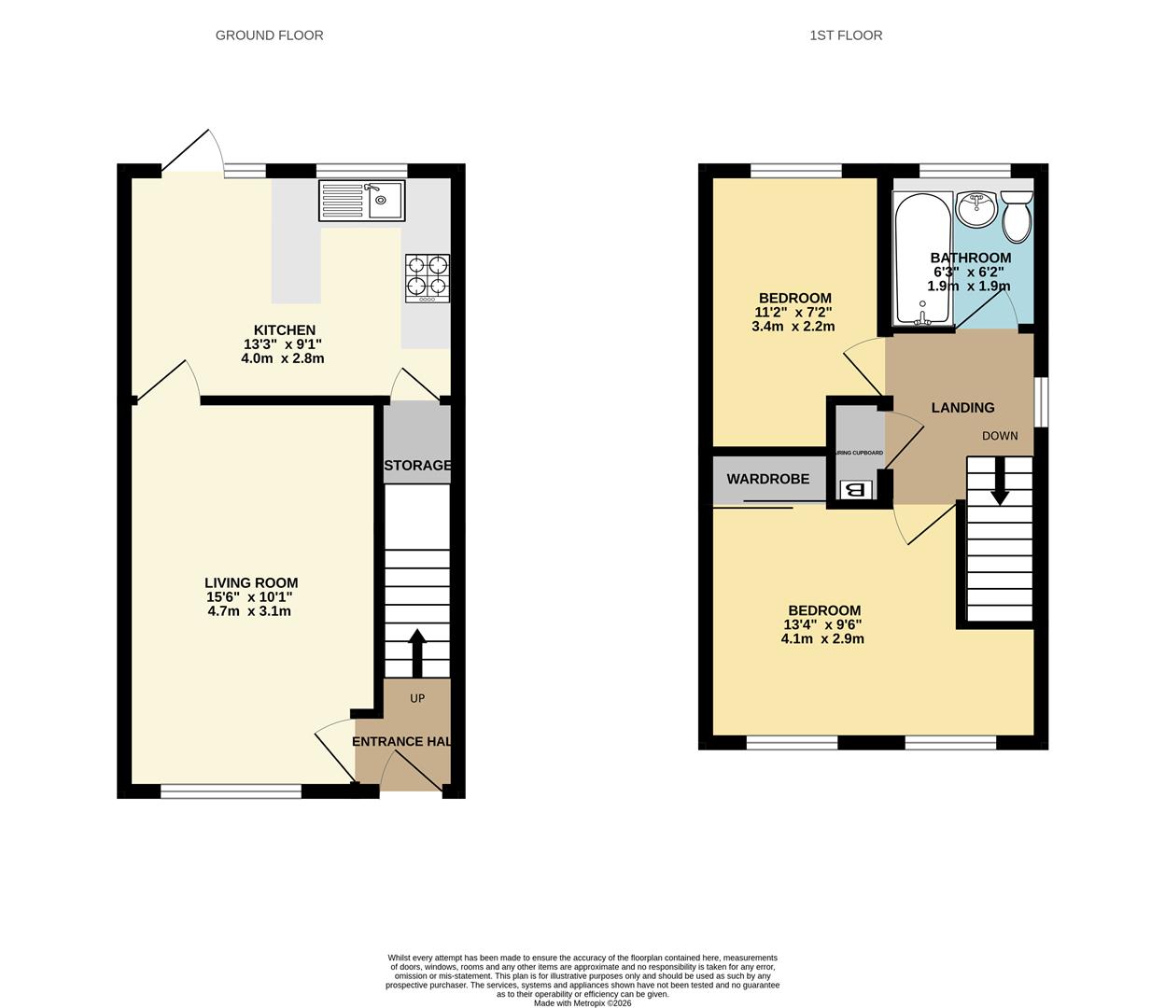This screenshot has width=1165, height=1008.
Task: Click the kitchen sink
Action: click(362, 200)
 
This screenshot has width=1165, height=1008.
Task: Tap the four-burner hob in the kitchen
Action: click(427, 278)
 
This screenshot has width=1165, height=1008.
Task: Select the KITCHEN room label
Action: click(285, 329)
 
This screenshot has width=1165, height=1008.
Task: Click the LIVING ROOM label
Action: click(251, 582)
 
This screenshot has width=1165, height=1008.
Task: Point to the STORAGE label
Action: click(417, 465)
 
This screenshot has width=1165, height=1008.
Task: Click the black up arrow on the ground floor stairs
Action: click(416, 651)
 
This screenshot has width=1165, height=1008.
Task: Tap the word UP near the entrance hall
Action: click(417, 698)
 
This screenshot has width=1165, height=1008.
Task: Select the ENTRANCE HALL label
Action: click(402, 741)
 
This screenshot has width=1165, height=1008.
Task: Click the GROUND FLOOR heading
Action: click(269, 35)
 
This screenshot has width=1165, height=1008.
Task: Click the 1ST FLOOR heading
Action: click(846, 35)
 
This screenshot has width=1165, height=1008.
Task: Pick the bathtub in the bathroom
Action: click(922, 257)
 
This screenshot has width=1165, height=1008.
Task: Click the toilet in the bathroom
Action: click(1016, 215)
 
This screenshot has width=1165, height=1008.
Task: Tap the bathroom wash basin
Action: click(976, 208)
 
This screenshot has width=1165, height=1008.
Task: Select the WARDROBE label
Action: click(767, 479)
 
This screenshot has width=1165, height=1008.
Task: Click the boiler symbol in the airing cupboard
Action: click(855, 490)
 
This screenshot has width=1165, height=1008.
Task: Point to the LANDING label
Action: click(962, 407)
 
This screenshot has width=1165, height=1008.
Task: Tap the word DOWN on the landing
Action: click(1000, 436)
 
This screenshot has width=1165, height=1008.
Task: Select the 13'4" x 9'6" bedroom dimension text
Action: click(822, 625)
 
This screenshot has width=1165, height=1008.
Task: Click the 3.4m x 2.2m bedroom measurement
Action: click(793, 327)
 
